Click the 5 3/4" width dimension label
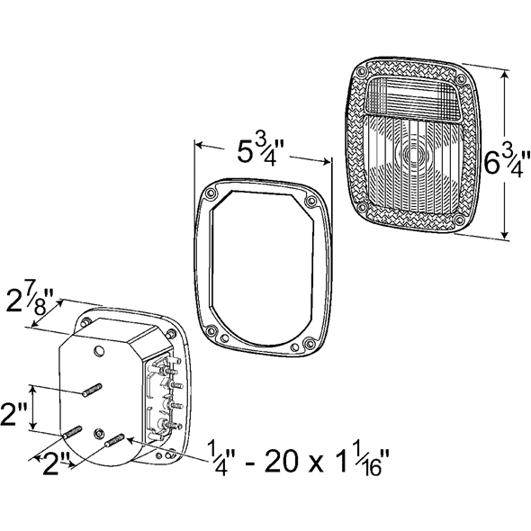coord(261,150)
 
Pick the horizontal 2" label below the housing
coord(58,465)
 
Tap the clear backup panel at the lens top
coord(414,97)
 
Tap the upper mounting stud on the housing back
coord(92,389)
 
